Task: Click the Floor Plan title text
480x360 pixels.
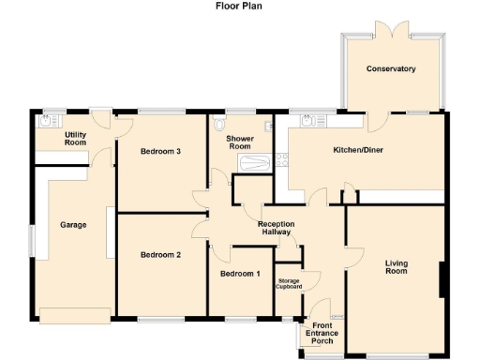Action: (239, 6)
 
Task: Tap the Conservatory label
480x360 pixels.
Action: (391, 69)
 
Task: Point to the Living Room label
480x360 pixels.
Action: (397, 267)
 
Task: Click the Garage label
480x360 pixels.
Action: (74, 226)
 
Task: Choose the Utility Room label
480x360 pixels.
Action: (76, 140)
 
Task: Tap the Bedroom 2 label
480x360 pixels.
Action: (160, 254)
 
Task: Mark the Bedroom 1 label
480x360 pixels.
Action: (240, 274)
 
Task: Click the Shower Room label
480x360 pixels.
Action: (240, 142)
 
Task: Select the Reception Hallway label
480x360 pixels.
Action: (277, 229)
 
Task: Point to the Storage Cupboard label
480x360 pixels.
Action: (289, 284)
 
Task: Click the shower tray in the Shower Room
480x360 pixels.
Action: (255, 164)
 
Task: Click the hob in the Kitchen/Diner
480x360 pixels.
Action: (280, 160)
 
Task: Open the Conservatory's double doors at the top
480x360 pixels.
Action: (390, 31)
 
